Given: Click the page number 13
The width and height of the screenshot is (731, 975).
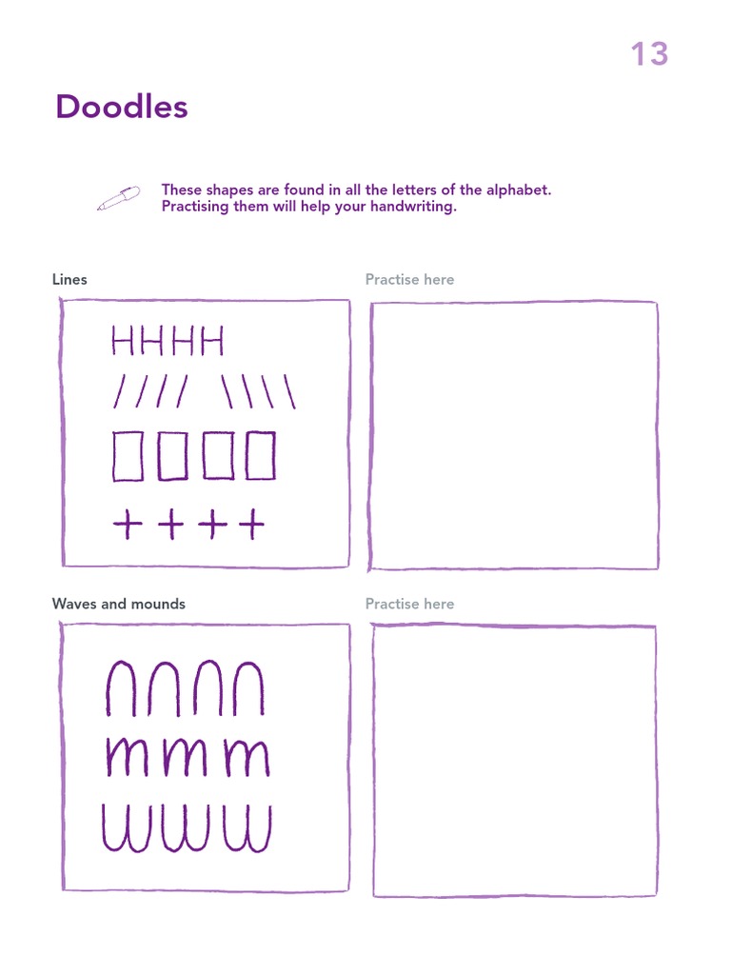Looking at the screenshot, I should [649, 54].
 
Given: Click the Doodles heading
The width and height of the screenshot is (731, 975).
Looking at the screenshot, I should [122, 107].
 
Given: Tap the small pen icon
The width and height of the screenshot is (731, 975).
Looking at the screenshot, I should [118, 198].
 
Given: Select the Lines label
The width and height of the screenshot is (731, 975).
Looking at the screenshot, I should [69, 279].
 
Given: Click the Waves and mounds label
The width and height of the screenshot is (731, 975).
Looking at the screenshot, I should [119, 604].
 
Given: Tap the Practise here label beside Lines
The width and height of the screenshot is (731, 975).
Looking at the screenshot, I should [409, 279].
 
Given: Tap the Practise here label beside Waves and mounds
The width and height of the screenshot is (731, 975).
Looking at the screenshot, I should [409, 604].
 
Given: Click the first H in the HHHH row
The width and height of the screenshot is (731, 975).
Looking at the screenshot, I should [123, 340].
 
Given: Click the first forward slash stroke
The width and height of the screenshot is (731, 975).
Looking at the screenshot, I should [120, 390].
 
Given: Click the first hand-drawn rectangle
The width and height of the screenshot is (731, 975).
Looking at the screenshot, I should [128, 456].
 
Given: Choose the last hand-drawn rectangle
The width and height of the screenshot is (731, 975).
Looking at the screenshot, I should [260, 456].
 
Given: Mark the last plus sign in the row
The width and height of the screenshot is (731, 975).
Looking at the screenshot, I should [251, 524].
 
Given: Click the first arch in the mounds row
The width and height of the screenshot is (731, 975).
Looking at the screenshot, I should [122, 688].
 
